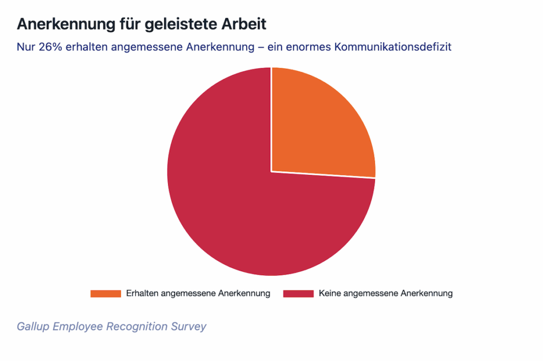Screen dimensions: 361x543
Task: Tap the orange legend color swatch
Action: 106,293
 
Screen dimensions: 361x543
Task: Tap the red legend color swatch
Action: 298,293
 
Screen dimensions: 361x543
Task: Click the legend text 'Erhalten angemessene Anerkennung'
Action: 198,293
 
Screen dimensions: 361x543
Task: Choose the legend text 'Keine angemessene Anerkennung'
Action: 386,293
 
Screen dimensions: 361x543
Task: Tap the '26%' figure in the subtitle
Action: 50,47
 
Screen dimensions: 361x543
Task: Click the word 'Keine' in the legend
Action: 330,293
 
